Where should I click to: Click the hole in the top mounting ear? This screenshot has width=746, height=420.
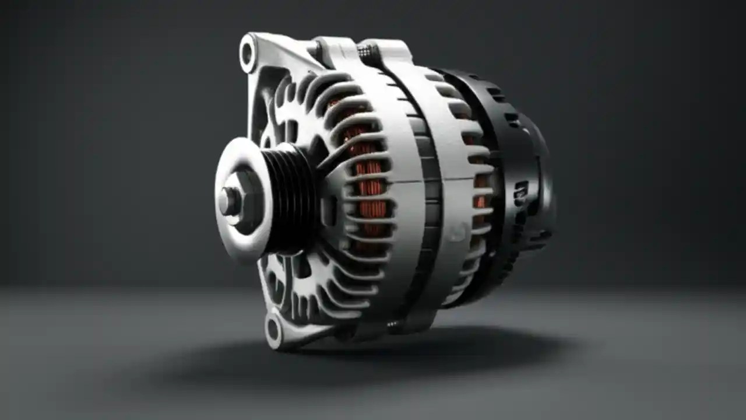point(248,52)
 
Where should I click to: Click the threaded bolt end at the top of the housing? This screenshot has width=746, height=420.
point(365,52)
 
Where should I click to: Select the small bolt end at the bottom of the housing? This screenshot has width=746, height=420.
point(396,323)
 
